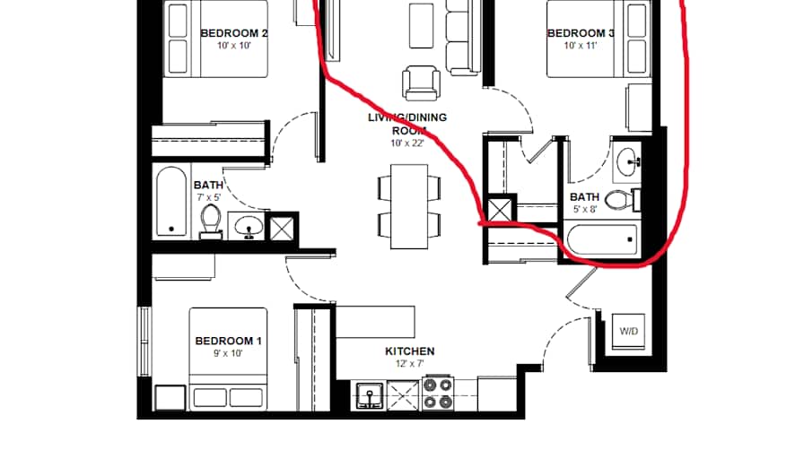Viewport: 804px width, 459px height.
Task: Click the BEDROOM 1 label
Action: (228, 341)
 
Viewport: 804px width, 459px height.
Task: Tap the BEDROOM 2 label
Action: (234, 33)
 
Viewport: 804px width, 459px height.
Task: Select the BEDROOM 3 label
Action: (581, 33)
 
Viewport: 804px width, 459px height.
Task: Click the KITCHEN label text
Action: (409, 351)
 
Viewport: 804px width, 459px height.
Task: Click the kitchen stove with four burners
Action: (440, 394)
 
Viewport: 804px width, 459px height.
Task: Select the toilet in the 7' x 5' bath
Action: (211, 219)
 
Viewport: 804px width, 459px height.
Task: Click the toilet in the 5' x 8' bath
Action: (620, 198)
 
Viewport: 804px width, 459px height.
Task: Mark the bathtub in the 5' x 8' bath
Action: (602, 240)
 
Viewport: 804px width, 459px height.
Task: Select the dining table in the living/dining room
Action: (409, 206)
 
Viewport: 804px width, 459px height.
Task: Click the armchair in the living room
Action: (421, 82)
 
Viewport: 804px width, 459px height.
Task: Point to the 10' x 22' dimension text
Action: (406, 143)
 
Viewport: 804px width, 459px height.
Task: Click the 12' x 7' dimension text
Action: (409, 364)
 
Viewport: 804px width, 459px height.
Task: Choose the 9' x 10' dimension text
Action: (228, 353)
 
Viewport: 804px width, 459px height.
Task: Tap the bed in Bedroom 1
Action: (228, 359)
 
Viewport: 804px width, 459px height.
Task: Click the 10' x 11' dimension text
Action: (581, 46)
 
